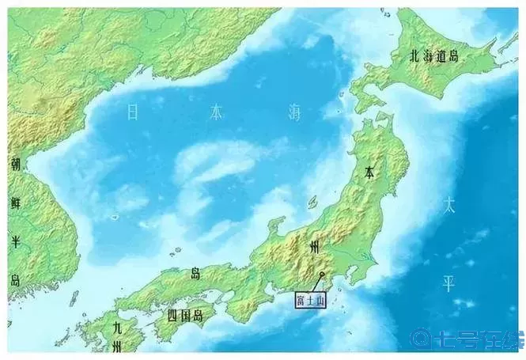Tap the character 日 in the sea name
tap(132, 113)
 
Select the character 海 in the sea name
tap(294, 113)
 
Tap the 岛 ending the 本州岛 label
tap(195, 274)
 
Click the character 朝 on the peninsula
tap(15, 165)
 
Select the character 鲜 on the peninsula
tap(15, 203)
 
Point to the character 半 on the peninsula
tap(15, 241)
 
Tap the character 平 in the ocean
tap(448, 283)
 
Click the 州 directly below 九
tap(116, 346)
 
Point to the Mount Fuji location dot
tap(322, 275)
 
